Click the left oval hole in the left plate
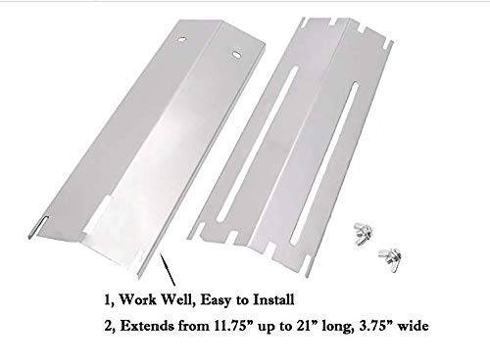click(x=181, y=39)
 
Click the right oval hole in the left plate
click(x=236, y=54)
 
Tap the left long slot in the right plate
click(x=257, y=143)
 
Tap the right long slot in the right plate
click(x=325, y=164)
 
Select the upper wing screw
click(x=363, y=232)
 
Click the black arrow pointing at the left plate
click(x=168, y=270)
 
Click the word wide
click(x=413, y=326)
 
